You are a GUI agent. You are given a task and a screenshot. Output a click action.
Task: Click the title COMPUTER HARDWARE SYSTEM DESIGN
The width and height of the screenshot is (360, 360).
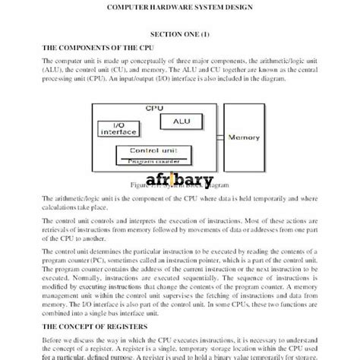point(180,10)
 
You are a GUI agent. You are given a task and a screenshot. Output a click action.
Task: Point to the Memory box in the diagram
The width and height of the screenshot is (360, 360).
point(246,137)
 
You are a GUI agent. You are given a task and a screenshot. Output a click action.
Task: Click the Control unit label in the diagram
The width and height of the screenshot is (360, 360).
point(154,152)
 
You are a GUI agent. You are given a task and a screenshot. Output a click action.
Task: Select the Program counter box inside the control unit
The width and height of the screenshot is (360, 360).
point(155,161)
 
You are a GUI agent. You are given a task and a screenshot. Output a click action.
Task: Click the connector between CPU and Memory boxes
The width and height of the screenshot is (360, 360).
point(220,137)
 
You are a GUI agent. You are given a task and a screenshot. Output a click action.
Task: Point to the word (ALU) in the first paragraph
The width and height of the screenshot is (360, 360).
point(55,68)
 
